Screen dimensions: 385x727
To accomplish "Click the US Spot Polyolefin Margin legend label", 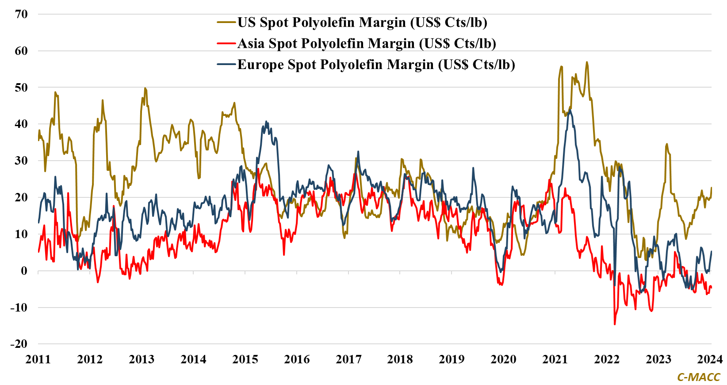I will tap(362, 22).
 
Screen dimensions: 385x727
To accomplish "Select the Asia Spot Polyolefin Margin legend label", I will tap(367, 43).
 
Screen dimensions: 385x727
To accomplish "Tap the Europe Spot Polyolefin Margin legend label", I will tap(376, 65).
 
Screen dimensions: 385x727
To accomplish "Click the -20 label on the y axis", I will tap(19, 344).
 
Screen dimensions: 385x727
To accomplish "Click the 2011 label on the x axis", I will tap(38, 359).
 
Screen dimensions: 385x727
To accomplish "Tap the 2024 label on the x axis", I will tap(710, 359).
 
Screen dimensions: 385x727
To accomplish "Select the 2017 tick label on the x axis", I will tap(348, 359).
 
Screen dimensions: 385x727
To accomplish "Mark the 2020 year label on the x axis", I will tap(503, 359).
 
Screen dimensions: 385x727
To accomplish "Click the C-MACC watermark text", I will tap(699, 377).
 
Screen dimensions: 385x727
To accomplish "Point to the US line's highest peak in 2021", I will tap(587, 62).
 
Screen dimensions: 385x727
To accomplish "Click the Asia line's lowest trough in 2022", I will tap(615, 324).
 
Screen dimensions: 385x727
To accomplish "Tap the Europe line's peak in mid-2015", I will tap(266, 121).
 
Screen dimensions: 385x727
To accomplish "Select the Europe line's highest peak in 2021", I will tap(570, 110).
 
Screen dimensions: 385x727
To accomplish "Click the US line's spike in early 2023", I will tap(667, 144).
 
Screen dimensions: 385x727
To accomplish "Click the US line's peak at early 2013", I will tap(145, 88).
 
